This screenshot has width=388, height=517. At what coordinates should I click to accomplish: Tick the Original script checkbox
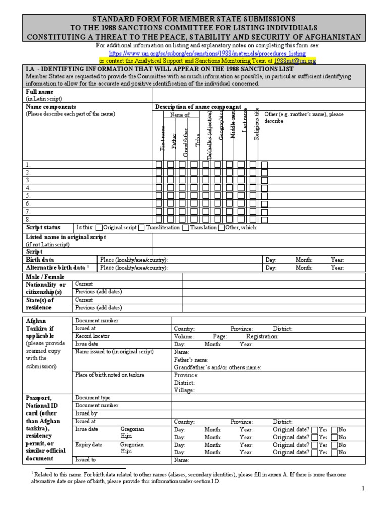coord(99,228)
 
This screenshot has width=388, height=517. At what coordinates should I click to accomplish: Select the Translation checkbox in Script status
coord(186,228)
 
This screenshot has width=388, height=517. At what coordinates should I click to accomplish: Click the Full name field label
coord(39,93)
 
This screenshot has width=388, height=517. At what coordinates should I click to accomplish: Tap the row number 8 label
coord(29,220)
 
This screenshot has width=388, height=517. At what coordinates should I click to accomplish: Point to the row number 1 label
coord(29,165)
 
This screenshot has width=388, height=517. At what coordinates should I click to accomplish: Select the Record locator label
coord(92,336)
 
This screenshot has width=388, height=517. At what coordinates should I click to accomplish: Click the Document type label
coord(93,398)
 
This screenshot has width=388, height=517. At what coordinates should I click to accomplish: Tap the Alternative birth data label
coord(56,268)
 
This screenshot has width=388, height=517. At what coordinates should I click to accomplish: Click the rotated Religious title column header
coord(257,125)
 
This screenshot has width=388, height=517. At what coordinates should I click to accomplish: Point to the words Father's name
coord(191,360)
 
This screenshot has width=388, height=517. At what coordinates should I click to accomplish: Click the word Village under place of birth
coord(184,390)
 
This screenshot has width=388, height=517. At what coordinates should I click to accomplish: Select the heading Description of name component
coord(198,107)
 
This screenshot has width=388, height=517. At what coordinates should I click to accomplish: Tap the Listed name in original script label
coord(66,237)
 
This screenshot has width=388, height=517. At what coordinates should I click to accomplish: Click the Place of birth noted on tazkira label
coord(110,375)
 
